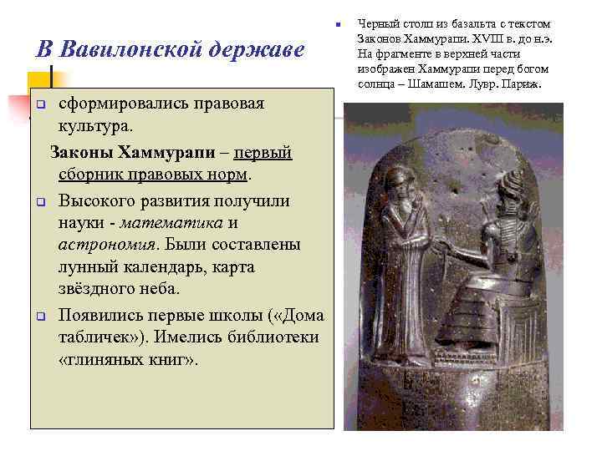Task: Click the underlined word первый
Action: pos(263,154)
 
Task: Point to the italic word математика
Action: pos(172,223)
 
